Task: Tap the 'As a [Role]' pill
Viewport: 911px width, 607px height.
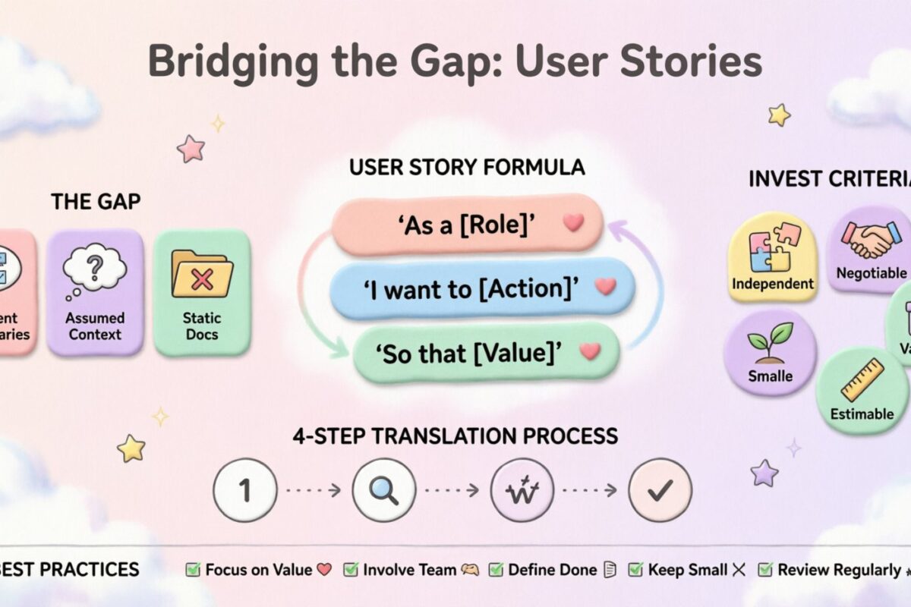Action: click(467, 225)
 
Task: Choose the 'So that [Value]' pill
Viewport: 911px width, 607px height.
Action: click(486, 351)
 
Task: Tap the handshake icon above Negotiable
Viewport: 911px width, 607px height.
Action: click(871, 237)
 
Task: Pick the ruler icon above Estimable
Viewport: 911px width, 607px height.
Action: click(862, 379)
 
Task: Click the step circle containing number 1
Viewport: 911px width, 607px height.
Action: click(244, 490)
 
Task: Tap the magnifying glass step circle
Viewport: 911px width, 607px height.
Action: click(384, 490)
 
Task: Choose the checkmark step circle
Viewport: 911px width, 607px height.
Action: click(660, 490)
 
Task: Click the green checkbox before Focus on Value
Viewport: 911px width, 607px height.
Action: click(194, 569)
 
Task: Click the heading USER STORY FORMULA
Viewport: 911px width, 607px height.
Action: click(467, 168)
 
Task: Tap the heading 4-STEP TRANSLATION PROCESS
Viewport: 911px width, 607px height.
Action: click(455, 436)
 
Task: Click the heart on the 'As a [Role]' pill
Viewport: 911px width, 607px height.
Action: click(573, 223)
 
